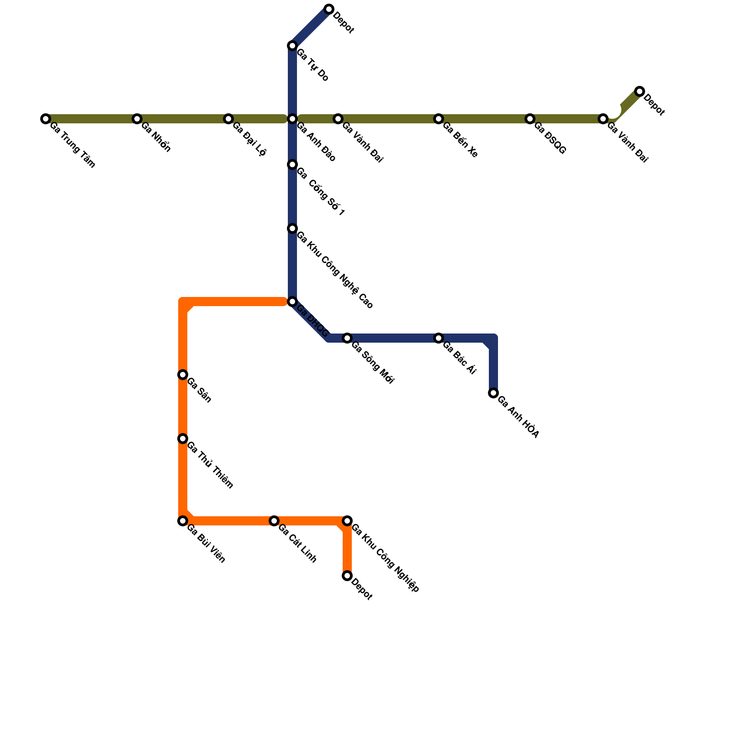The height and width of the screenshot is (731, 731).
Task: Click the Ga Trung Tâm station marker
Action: click(46, 119)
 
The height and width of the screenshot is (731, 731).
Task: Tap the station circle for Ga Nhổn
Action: click(137, 119)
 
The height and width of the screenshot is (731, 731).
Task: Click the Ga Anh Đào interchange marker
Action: click(292, 119)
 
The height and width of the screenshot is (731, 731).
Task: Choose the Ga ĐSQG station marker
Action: click(530, 119)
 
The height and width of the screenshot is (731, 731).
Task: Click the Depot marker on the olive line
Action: click(640, 91)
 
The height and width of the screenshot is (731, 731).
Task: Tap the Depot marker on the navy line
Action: click(329, 9)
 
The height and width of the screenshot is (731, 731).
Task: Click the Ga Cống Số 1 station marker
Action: click(292, 164)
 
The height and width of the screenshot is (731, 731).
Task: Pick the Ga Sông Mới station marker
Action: click(347, 338)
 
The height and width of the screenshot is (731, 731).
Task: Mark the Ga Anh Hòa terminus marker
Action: click(493, 393)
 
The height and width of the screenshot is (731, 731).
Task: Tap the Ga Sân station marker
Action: click(183, 375)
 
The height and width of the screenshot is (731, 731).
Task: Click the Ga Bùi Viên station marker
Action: click(183, 521)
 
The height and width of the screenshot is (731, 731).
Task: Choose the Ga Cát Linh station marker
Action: click(274, 521)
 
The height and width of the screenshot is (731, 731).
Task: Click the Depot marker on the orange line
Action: click(347, 576)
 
